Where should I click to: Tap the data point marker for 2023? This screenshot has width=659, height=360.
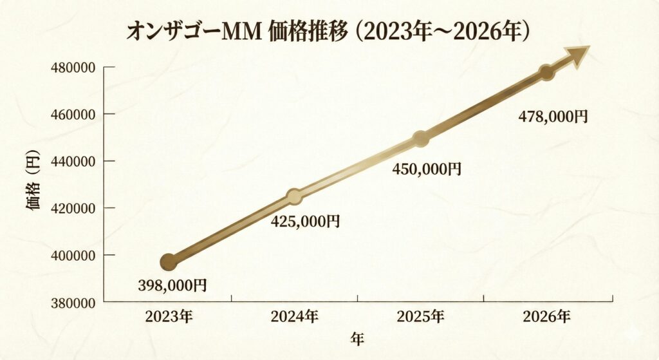tap(169, 261)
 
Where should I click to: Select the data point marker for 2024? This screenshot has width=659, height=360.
tap(294, 196)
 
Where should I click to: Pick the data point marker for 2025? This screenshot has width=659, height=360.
tap(420, 138)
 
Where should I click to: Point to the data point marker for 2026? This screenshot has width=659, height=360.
tap(546, 72)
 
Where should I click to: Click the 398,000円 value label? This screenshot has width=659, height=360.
tap(172, 285)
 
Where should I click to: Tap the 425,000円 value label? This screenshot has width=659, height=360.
tap(305, 222)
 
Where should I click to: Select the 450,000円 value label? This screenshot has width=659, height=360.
tap(427, 169)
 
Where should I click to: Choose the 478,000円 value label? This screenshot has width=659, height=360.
tap(553, 117)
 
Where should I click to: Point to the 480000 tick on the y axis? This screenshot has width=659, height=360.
tap(73, 67)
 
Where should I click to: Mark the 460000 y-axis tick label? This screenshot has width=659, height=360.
tap(73, 114)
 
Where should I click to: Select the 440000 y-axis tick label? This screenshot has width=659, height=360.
tap(73, 161)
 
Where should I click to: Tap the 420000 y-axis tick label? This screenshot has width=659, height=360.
tap(73, 208)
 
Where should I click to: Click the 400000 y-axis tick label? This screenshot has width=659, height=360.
tap(73, 255)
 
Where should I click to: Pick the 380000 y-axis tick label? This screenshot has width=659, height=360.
tap(73, 302)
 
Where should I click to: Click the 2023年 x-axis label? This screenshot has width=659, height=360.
tap(169, 316)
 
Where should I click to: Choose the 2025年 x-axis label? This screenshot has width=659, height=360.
tap(420, 316)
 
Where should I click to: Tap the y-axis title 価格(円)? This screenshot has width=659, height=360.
tap(33, 184)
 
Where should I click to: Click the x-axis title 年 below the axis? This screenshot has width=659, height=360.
tap(357, 338)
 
